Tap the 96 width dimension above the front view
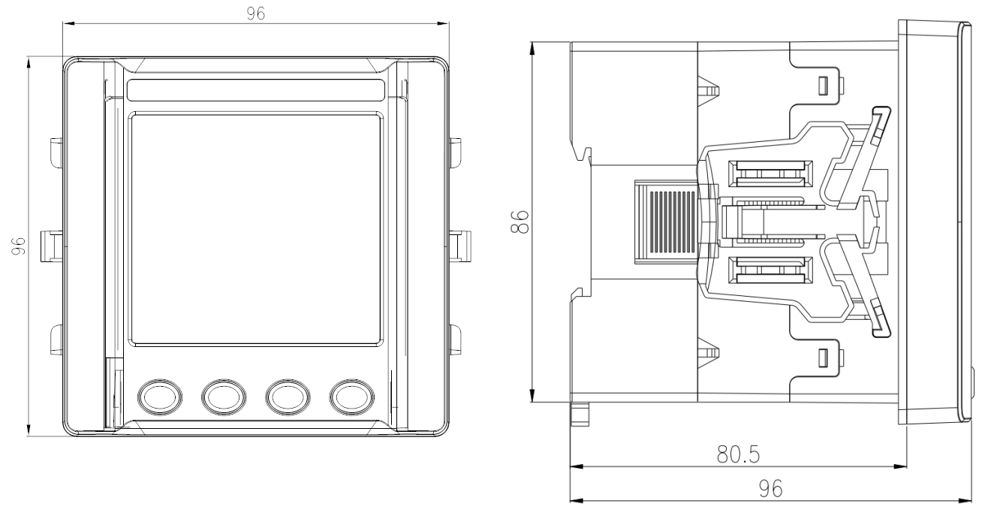(257, 14)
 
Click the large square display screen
(255, 229)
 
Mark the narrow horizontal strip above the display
(255, 90)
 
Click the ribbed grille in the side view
(667, 223)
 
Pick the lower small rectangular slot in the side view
(823, 358)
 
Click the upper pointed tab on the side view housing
(709, 90)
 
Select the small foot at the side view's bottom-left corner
(579, 414)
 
